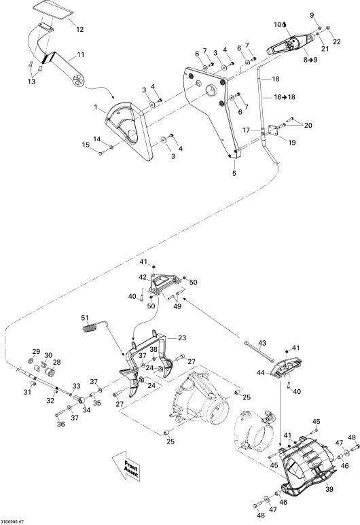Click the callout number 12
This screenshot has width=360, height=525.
(79, 29)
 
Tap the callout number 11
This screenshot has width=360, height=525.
(81, 54)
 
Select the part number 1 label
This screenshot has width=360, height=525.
(96, 107)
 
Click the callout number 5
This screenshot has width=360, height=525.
(234, 173)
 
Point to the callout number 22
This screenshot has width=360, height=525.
(336, 41)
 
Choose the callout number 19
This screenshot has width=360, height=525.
(292, 143)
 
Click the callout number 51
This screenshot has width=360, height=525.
(86, 317)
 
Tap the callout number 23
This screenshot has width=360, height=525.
(182, 338)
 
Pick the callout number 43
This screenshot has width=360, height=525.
(262, 343)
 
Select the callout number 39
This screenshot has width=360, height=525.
(329, 489)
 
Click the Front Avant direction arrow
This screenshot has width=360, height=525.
(126, 465)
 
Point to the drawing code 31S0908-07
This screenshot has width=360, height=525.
(12, 522)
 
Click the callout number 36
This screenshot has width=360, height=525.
(60, 424)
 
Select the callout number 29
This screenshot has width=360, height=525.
(36, 351)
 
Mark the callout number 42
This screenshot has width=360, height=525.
(143, 277)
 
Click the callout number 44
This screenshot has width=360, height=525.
(261, 372)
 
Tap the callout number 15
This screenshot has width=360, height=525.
(86, 145)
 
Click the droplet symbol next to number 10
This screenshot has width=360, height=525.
(284, 24)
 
